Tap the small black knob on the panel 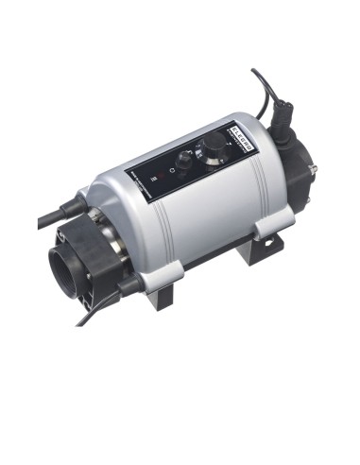tap(185, 162)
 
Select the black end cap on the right tap(302, 180)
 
